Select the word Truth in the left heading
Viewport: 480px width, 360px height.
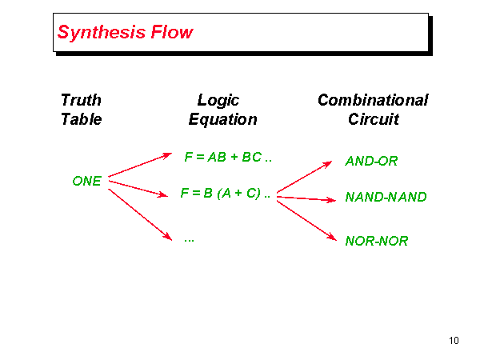coord(81,100)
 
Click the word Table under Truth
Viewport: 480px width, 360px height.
coord(81,119)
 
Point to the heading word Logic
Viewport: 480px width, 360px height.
coord(218,100)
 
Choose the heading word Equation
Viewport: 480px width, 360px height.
coord(222,119)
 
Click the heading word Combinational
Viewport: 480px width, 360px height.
coord(373,100)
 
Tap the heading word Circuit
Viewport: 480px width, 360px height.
coord(374,119)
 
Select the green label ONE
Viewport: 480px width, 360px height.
coord(86,181)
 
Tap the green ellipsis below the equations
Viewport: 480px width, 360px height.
coord(190,238)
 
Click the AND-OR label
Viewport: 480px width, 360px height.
coord(372,161)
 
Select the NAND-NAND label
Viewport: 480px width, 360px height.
coord(386,197)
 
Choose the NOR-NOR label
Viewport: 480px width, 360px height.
coord(377,240)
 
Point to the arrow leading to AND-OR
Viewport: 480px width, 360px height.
coord(304,178)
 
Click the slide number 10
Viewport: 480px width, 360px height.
coord(454,342)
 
